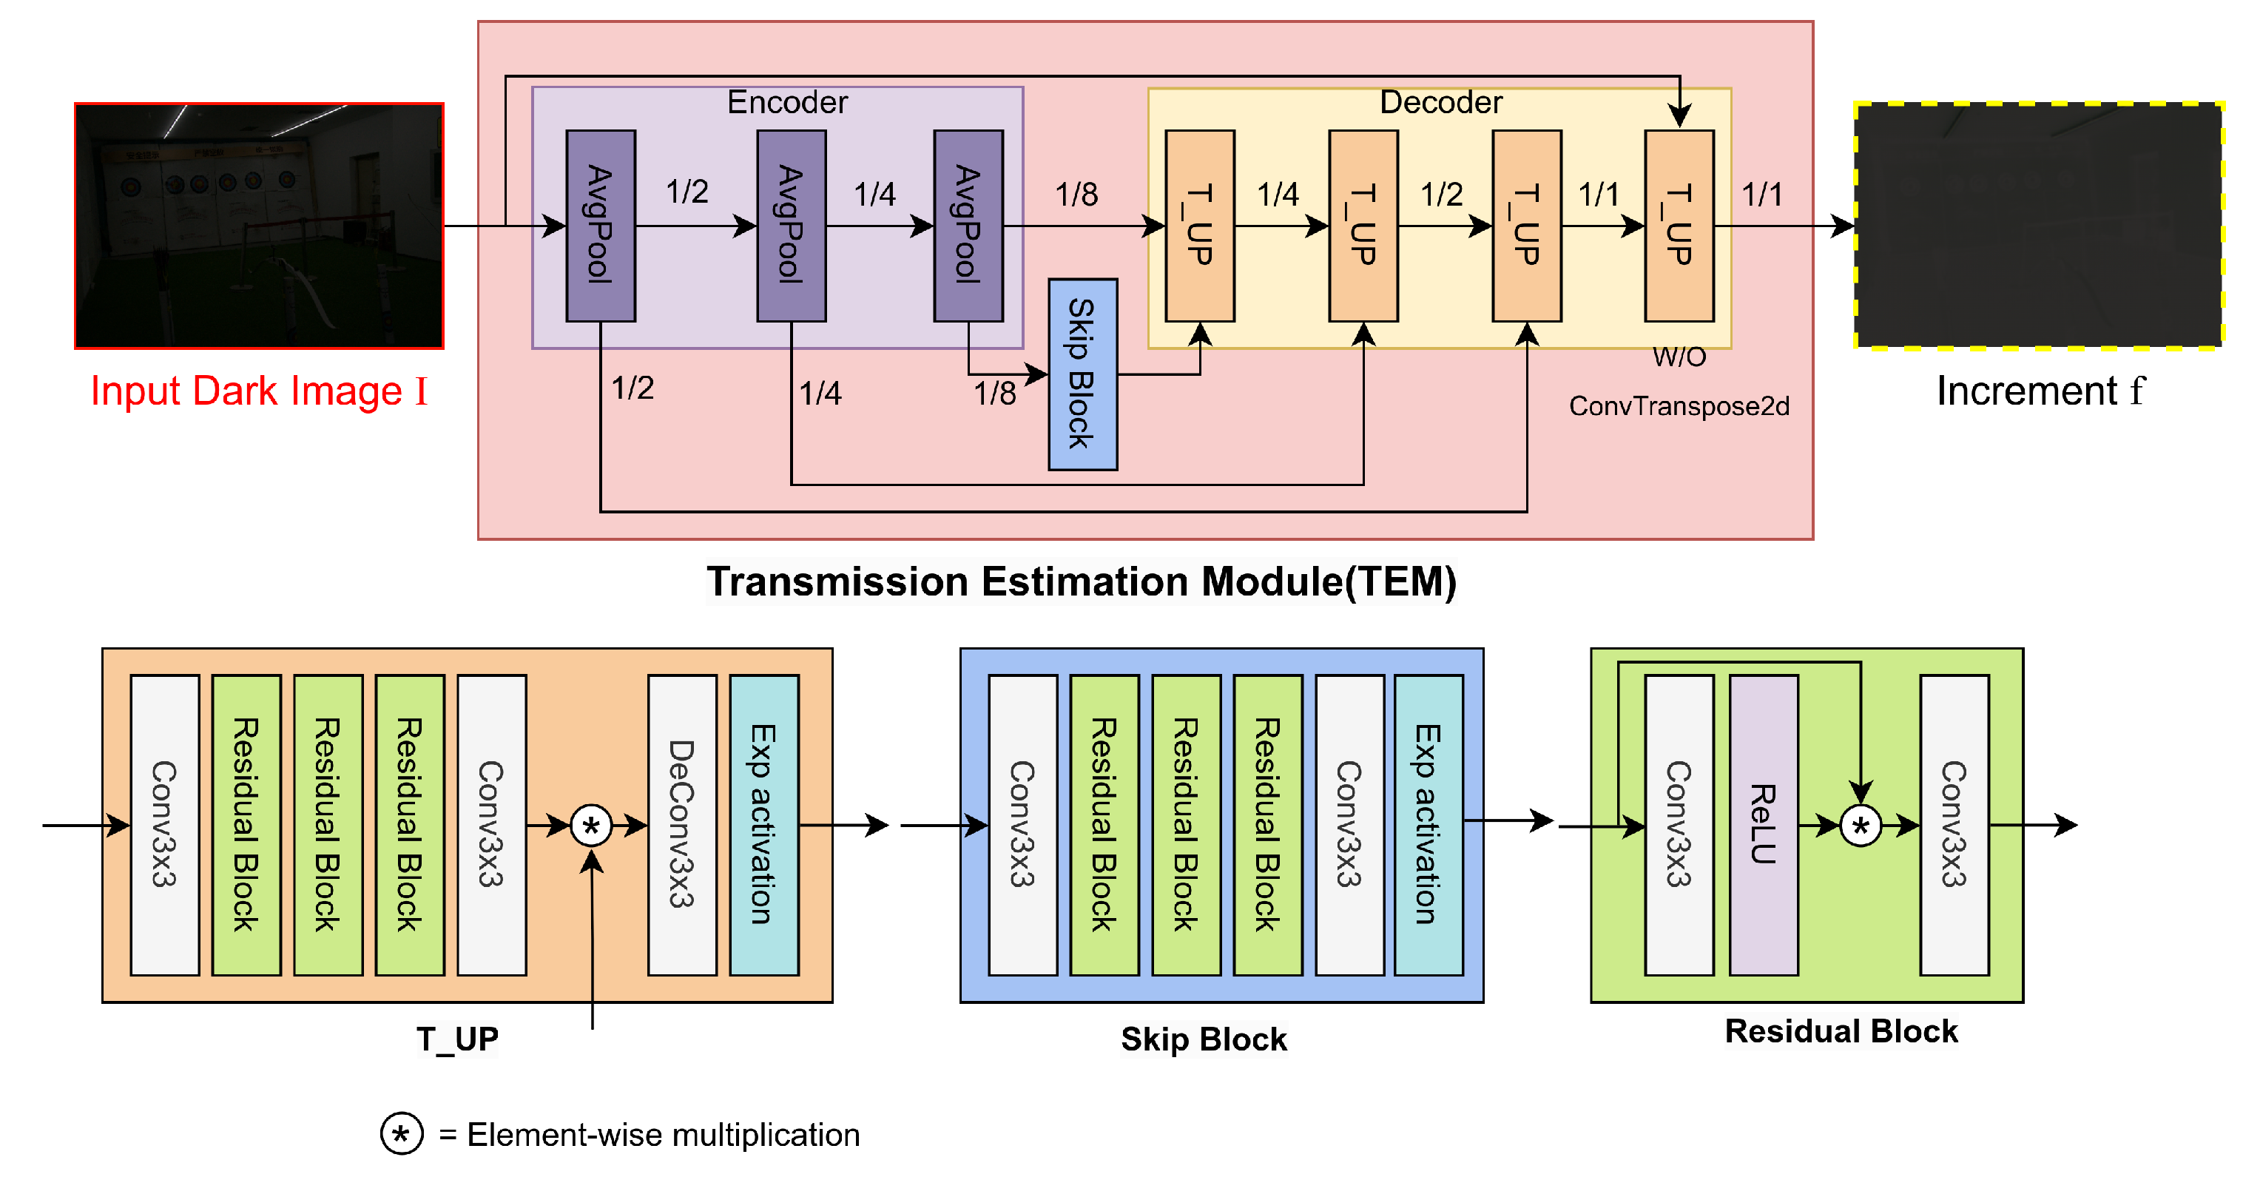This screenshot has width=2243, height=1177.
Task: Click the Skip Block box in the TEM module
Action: tap(1082, 374)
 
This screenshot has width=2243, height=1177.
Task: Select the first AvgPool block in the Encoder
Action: tap(601, 226)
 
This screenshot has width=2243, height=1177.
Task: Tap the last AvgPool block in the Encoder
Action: tap(968, 226)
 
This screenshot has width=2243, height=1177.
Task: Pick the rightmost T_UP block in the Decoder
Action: tap(1679, 226)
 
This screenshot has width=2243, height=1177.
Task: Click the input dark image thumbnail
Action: tap(260, 226)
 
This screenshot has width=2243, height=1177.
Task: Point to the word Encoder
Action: tap(787, 103)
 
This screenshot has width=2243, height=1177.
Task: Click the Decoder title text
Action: tap(1441, 103)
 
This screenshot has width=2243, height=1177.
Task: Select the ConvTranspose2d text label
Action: tap(1679, 405)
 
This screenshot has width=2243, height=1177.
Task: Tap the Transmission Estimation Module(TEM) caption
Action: tap(1082, 581)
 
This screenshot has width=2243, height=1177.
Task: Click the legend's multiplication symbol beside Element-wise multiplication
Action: tap(402, 1133)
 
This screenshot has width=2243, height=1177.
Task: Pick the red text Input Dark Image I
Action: tap(260, 391)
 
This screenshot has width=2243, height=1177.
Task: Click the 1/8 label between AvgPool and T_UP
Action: tap(1076, 194)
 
